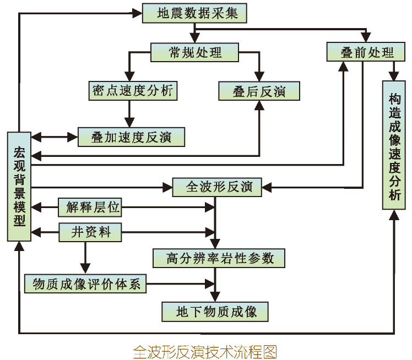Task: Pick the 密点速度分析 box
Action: [x=133, y=90]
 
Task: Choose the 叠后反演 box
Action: [x=259, y=91]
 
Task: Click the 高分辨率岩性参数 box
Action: [x=220, y=258]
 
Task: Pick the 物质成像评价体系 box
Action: [x=85, y=283]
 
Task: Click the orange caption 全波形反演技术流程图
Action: [x=204, y=351]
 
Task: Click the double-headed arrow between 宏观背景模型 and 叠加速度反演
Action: [x=55, y=137]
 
